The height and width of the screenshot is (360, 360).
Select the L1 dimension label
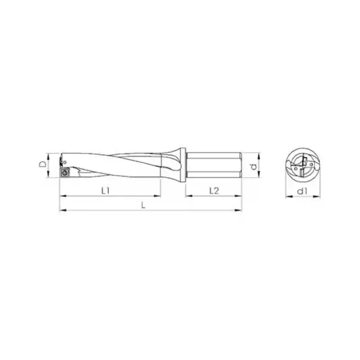pyautogui.click(x=106, y=190)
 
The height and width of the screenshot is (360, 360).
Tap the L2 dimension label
pyautogui.click(x=214, y=190)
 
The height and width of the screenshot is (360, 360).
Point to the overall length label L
pyautogui.click(x=143, y=205)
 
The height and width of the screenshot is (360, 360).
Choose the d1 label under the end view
pyautogui.click(x=302, y=191)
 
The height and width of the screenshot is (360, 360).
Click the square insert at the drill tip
pyautogui.click(x=65, y=172)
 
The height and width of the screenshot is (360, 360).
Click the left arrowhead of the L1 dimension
pyautogui.click(x=62, y=196)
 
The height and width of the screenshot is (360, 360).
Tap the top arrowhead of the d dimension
pyautogui.click(x=259, y=155)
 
